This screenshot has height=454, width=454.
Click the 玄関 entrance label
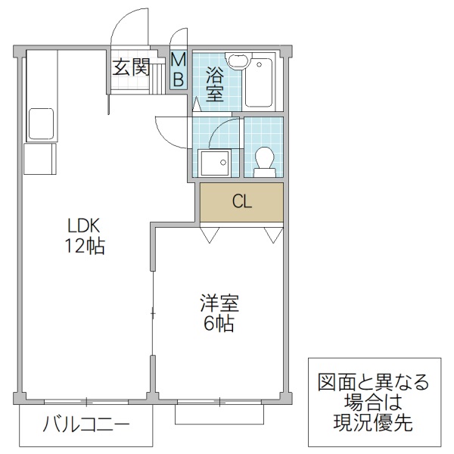click(x=131, y=67)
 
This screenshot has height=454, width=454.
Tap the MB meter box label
click(x=179, y=67)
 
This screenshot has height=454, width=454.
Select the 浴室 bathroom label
click(x=214, y=83)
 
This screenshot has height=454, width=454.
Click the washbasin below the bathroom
click(x=214, y=161)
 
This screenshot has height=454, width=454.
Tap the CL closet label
click(x=241, y=201)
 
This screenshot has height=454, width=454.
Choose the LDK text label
click(x=84, y=226)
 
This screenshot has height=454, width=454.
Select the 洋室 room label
click(x=219, y=304)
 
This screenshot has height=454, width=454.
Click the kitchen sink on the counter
click(x=40, y=121)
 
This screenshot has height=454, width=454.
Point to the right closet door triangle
click(x=272, y=235)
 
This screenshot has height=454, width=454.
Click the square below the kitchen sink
click(x=39, y=159)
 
